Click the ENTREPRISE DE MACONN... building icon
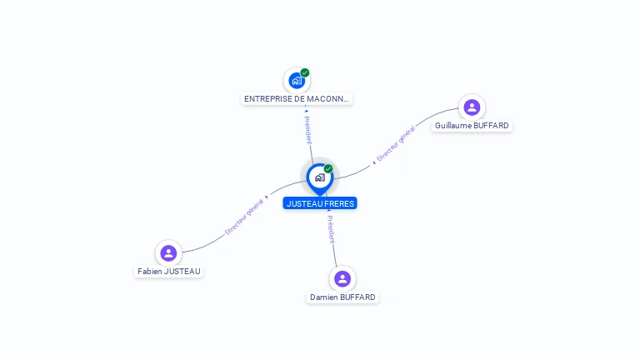pyautogui.click(x=296, y=81)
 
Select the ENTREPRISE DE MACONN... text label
pyautogui.click(x=297, y=99)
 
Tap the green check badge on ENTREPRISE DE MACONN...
pyautogui.click(x=305, y=72)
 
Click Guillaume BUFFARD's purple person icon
pyautogui.click(x=472, y=107)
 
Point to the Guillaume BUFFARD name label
pyautogui.click(x=472, y=126)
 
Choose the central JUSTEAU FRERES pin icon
pyautogui.click(x=319, y=177)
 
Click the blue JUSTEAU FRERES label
pyautogui.click(x=320, y=203)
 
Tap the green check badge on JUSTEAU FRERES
pyautogui.click(x=328, y=169)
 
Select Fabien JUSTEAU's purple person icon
pyautogui.click(x=168, y=252)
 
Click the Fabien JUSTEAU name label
pyautogui.click(x=169, y=272)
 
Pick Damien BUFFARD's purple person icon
pyautogui.click(x=342, y=278)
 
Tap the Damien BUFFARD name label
pyautogui.click(x=342, y=297)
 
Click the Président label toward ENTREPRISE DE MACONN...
pyautogui.click(x=307, y=127)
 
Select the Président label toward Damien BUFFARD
pyautogui.click(x=331, y=228)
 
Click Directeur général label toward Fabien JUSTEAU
pyautogui.click(x=245, y=216)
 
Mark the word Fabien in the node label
pyautogui.click(x=151, y=272)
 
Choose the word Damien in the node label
pyautogui.click(x=324, y=297)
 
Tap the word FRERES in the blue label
pyautogui.click(x=339, y=203)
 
